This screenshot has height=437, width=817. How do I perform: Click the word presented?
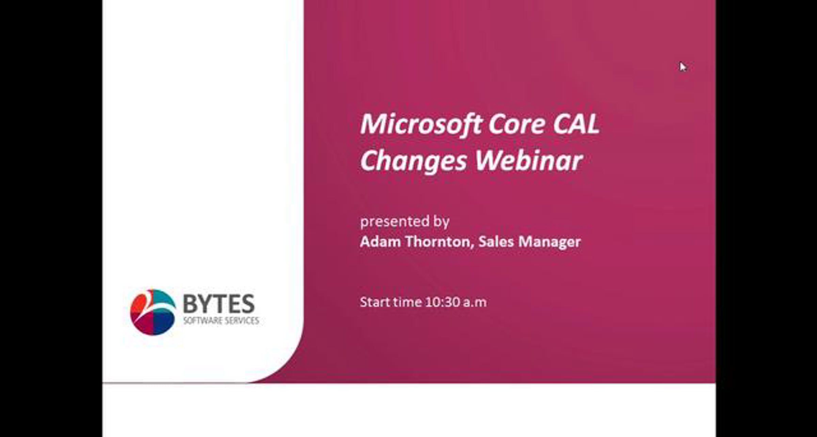[394, 222]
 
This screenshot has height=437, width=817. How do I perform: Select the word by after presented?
[442, 222]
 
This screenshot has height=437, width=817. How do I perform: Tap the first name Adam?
[381, 241]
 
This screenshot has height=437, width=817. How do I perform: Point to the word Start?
[374, 302]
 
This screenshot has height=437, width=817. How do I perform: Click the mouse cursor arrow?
[682, 66]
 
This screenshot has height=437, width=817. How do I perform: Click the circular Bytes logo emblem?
[153, 312]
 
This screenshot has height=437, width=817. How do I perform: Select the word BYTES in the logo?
[219, 304]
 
